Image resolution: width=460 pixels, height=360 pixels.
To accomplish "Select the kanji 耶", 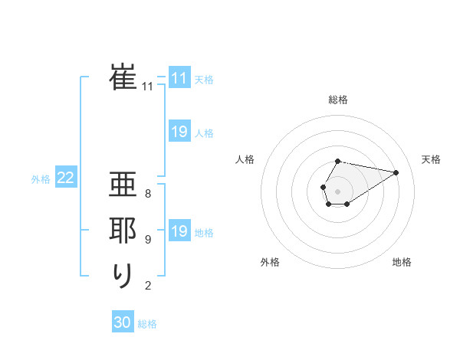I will click(123, 231).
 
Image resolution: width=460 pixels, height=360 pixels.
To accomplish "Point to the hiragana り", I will click(123, 274).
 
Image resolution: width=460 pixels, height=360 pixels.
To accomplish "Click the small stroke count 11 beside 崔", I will click(148, 87).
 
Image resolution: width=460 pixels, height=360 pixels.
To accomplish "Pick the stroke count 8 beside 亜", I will click(148, 194).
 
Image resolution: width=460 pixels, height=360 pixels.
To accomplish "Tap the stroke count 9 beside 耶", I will click(148, 240).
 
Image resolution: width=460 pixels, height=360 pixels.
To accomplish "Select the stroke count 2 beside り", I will click(148, 286).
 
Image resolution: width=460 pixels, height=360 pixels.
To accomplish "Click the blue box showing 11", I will click(179, 78).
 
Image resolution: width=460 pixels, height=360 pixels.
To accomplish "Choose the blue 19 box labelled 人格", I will click(179, 132).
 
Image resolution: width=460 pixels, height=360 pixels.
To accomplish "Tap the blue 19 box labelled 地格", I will click(179, 231).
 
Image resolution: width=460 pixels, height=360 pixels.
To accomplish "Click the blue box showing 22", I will click(66, 178).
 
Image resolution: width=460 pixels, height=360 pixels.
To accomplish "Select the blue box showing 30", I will click(123, 322).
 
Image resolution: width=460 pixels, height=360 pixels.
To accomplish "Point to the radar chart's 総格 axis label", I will click(338, 100).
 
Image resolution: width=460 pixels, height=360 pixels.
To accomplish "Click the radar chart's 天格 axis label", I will click(432, 159).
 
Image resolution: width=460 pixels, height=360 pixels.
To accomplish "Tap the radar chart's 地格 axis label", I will click(402, 262).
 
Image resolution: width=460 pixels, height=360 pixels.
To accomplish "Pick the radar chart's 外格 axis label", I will click(270, 262).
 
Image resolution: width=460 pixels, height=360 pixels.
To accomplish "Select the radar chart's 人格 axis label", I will click(245, 159).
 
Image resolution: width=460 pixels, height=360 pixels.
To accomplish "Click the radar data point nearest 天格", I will click(396, 172).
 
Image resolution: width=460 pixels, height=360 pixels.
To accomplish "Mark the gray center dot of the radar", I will click(337, 190).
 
